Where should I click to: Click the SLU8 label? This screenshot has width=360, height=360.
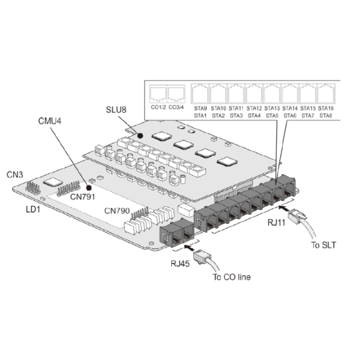point(116,110)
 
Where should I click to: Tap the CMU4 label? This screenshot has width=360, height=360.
point(50,121)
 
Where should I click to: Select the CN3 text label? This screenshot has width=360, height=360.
point(15,175)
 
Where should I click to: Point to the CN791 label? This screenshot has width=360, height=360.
point(82,197)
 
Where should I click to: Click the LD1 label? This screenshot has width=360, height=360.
point(33,209)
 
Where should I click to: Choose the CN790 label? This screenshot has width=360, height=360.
point(117,211)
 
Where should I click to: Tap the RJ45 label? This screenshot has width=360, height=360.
point(180,263)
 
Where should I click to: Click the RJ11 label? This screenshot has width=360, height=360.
point(277,223)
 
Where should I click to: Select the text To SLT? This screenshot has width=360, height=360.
point(323,245)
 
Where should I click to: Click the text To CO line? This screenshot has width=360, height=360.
point(232,277)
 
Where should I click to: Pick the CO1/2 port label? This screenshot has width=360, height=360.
point(158,107)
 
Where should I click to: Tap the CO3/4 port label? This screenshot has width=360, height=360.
point(176,107)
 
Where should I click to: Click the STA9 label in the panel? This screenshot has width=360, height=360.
point(200,108)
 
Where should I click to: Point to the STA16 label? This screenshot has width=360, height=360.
point(326,108)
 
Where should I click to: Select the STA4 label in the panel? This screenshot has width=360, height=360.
point(254,116)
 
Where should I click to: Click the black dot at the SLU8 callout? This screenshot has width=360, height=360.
point(140,136)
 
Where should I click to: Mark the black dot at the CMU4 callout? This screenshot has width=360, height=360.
point(89,188)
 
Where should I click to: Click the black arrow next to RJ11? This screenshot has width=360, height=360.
point(284,208)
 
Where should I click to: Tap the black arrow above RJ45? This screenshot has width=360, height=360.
point(189,247)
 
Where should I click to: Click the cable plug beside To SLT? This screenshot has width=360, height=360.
point(298,216)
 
